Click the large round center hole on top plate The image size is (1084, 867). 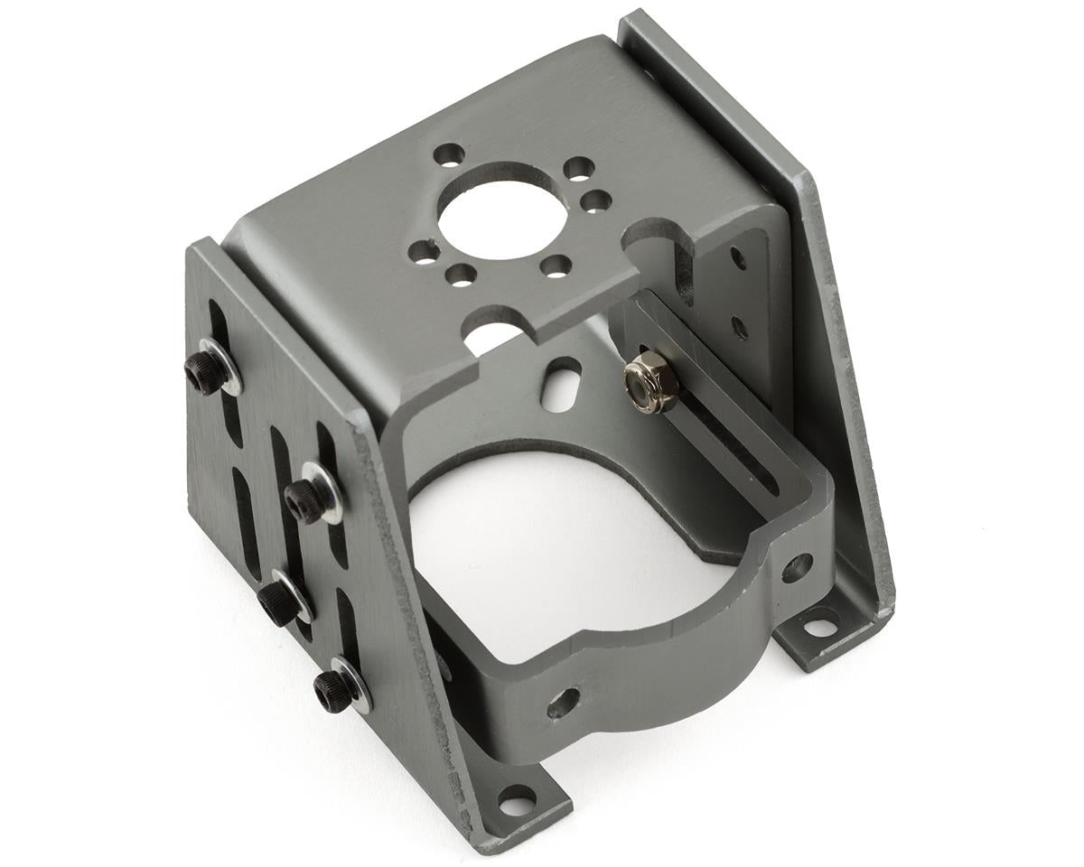[503, 210]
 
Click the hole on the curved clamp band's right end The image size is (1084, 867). [797, 567]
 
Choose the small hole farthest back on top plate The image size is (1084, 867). [449, 155]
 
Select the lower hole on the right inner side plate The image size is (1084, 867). [740, 325]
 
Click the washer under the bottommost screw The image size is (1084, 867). [352, 685]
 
